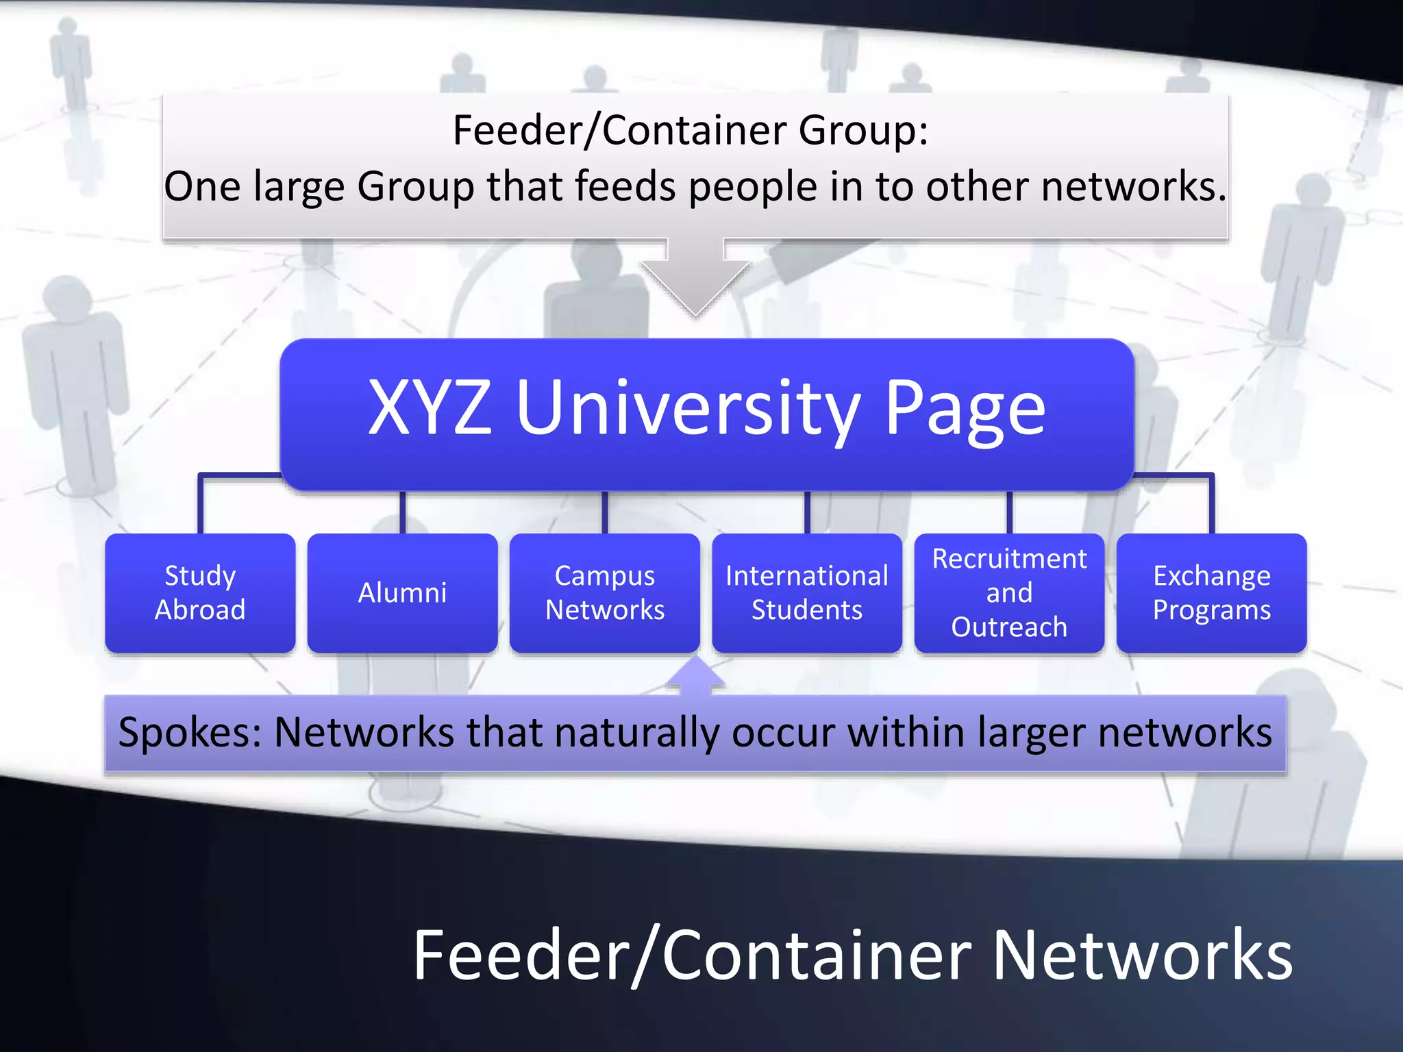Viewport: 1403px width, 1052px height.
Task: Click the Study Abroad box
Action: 200,592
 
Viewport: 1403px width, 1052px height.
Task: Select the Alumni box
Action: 402,592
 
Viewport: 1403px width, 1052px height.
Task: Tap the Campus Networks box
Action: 604,592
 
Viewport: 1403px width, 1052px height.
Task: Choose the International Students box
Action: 806,592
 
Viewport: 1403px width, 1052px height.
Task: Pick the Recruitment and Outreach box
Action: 1008,592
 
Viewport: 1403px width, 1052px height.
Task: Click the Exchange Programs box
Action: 1211,592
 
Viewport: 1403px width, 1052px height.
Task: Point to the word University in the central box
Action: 688,410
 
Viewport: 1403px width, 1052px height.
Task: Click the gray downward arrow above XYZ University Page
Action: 695,281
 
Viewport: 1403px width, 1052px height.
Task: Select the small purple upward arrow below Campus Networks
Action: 695,677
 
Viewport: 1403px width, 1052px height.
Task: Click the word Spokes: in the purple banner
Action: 190,733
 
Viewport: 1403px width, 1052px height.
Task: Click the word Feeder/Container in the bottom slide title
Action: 692,956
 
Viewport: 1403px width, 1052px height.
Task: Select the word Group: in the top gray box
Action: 863,131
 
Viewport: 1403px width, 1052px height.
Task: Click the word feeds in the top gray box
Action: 624,186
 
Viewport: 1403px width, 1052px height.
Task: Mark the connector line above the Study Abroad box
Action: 200,503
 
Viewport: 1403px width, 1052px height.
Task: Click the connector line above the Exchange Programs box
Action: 1211,503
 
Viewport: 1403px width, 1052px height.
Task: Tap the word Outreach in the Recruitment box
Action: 1008,627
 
